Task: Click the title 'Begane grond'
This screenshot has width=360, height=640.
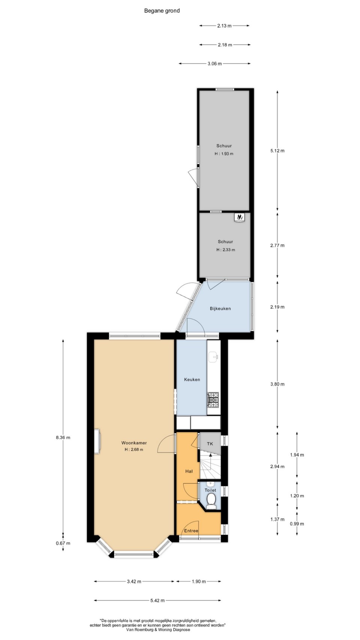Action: [162, 11]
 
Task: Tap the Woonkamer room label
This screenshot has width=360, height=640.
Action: [134, 443]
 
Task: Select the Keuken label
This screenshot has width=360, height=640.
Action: [192, 379]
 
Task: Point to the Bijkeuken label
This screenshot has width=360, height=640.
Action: [220, 309]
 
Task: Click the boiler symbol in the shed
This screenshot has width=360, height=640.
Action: [239, 217]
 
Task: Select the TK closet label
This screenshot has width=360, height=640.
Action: [210, 444]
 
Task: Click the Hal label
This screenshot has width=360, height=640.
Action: [189, 471]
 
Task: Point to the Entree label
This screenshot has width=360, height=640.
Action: [191, 531]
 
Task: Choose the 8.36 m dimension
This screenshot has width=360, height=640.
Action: [63, 437]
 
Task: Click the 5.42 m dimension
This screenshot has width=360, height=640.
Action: [157, 600]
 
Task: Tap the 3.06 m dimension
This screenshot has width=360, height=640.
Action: [214, 64]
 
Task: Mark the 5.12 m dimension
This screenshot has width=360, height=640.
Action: [277, 151]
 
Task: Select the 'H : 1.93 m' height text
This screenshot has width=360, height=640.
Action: [224, 154]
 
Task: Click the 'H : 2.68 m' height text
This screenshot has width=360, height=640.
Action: [134, 450]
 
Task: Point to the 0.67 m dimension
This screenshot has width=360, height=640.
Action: [63, 543]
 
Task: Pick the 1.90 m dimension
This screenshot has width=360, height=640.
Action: [199, 582]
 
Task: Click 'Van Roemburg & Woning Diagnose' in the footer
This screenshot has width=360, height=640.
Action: [158, 630]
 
